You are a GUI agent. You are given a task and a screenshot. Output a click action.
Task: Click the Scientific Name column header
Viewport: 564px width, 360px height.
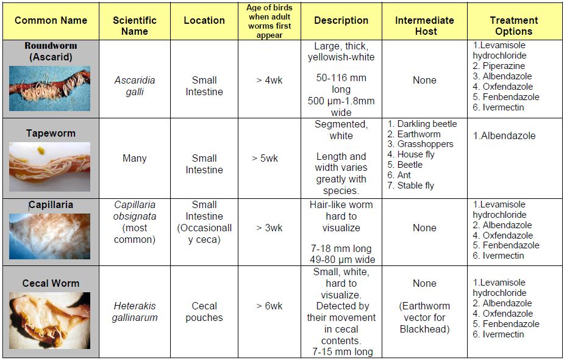click(x=134, y=26)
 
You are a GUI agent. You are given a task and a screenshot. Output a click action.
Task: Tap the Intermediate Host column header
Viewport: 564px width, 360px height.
click(x=426, y=26)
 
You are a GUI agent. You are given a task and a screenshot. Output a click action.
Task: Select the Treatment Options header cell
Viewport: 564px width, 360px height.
click(x=513, y=26)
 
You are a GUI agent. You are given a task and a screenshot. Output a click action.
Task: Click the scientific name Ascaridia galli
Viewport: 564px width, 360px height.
click(x=134, y=86)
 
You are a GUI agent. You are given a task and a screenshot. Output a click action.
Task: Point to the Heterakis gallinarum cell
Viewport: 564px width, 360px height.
click(x=134, y=312)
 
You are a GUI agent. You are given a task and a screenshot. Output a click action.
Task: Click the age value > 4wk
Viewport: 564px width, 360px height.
click(x=268, y=80)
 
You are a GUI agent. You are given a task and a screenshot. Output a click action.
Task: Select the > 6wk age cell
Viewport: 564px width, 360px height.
click(x=268, y=306)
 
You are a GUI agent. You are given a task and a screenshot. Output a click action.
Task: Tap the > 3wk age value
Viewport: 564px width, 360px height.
click(x=268, y=228)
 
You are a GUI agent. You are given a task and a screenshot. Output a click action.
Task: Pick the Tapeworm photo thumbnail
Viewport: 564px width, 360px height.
click(x=49, y=167)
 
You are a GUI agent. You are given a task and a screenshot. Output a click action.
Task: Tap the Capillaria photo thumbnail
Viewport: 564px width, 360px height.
click(x=49, y=236)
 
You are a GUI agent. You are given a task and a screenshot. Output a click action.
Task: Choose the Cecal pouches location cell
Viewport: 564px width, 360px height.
click(x=204, y=312)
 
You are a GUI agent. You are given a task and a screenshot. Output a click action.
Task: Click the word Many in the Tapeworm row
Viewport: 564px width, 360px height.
click(x=134, y=159)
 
